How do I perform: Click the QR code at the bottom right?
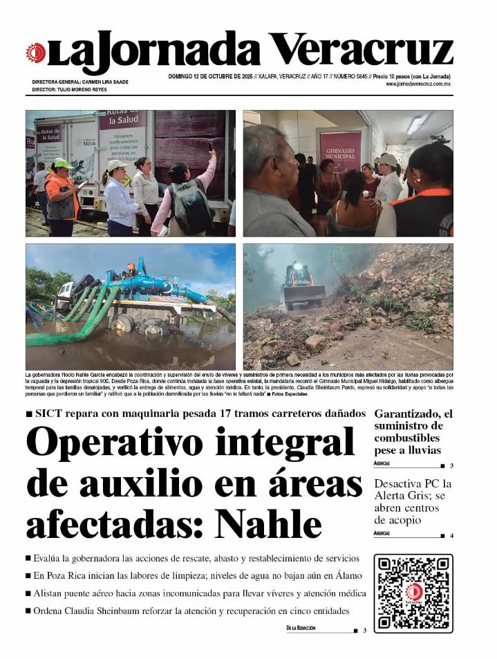pyautogui.click(x=413, y=593)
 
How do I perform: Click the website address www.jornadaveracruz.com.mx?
pyautogui.click(x=418, y=84)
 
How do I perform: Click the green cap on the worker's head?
pyautogui.click(x=62, y=164)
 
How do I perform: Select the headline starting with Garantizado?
pyautogui.click(x=413, y=432)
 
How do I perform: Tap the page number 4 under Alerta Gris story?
pyautogui.click(x=451, y=536)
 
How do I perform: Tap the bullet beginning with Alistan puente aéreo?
pyautogui.click(x=197, y=593)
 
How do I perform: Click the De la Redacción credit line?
pyautogui.click(x=301, y=628)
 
